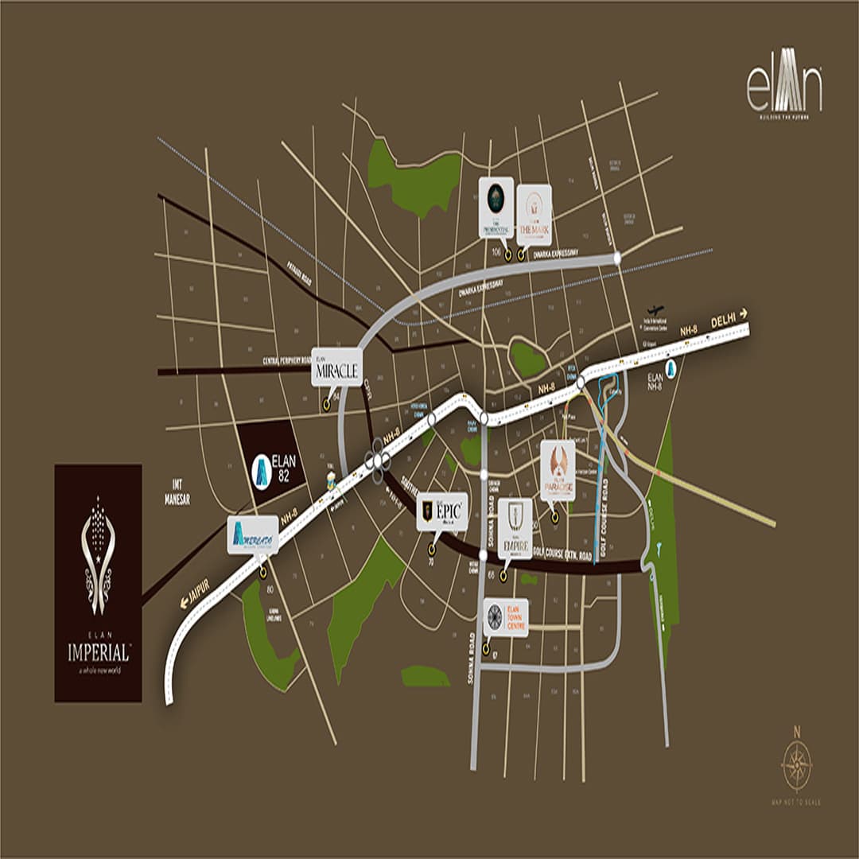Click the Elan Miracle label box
click(x=336, y=367)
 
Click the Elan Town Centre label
click(x=505, y=617)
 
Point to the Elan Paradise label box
click(x=558, y=471)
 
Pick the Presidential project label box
click(x=496, y=208)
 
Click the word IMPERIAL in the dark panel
click(x=98, y=654)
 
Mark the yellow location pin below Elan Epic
click(x=432, y=549)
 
